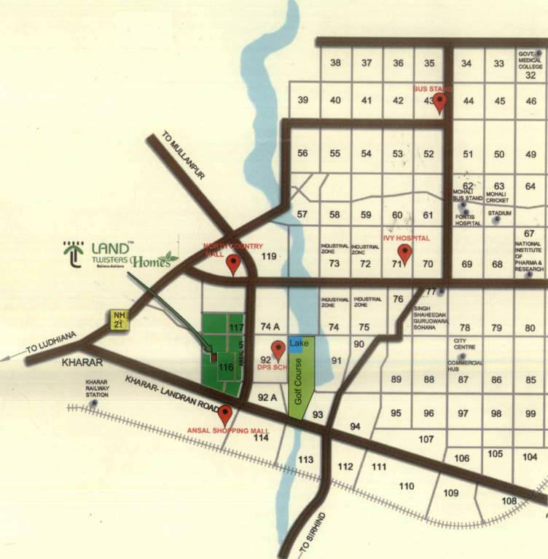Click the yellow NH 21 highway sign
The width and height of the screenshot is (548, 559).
tap(120, 320)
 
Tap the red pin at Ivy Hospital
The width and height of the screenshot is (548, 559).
tap(404, 254)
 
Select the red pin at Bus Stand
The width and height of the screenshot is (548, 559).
tap(439, 103)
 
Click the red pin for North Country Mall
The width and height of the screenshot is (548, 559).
tap(233, 263)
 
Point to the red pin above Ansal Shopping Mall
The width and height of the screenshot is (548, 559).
tap(225, 415)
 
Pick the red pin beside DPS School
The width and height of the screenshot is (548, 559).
tap(278, 351)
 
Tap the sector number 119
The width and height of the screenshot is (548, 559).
tap(270, 256)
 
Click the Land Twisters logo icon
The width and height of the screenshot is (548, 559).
tap(73, 255)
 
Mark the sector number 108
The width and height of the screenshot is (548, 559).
tap(509, 501)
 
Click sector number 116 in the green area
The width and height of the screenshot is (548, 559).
tap(226, 368)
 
